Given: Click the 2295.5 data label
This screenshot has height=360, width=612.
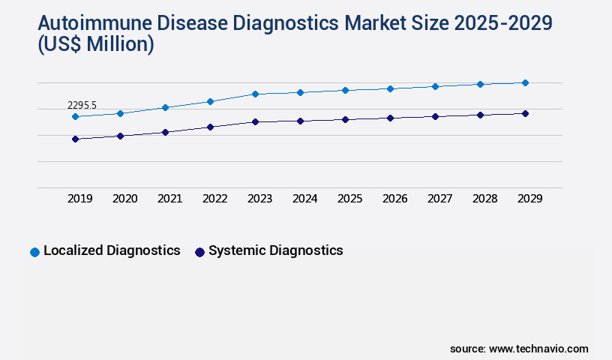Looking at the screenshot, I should (x=82, y=106).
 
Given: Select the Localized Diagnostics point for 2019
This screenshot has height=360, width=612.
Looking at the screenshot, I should (x=75, y=117).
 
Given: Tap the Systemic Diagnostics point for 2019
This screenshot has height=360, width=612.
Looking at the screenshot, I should (x=75, y=139).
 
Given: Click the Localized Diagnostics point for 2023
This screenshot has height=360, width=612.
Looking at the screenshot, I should (x=255, y=94).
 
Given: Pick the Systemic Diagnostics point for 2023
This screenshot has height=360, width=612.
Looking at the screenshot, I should (x=255, y=121).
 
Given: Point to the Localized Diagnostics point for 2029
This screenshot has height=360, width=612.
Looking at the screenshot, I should (x=525, y=82).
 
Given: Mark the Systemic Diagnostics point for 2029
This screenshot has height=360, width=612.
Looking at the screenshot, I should (x=525, y=113).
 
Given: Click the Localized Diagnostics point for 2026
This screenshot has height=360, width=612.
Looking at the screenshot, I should (x=390, y=88).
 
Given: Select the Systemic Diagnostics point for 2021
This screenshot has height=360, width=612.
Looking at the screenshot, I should (x=165, y=132).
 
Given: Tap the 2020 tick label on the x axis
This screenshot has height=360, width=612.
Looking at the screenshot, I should (x=125, y=199).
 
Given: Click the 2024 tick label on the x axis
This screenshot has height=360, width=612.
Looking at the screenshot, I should (x=305, y=199).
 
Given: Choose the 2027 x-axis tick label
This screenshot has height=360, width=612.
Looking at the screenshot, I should (x=440, y=199).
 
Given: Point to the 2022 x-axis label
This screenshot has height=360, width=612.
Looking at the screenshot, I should (x=215, y=199).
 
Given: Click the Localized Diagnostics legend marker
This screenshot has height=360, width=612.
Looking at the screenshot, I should (x=34, y=252).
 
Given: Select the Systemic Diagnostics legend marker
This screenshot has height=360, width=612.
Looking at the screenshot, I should (x=199, y=252).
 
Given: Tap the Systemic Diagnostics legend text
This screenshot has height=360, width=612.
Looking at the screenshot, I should (x=275, y=250).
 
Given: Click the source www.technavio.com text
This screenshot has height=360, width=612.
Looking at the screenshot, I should (x=519, y=349).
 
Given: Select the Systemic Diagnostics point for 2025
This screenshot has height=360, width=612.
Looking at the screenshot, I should (x=345, y=119).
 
